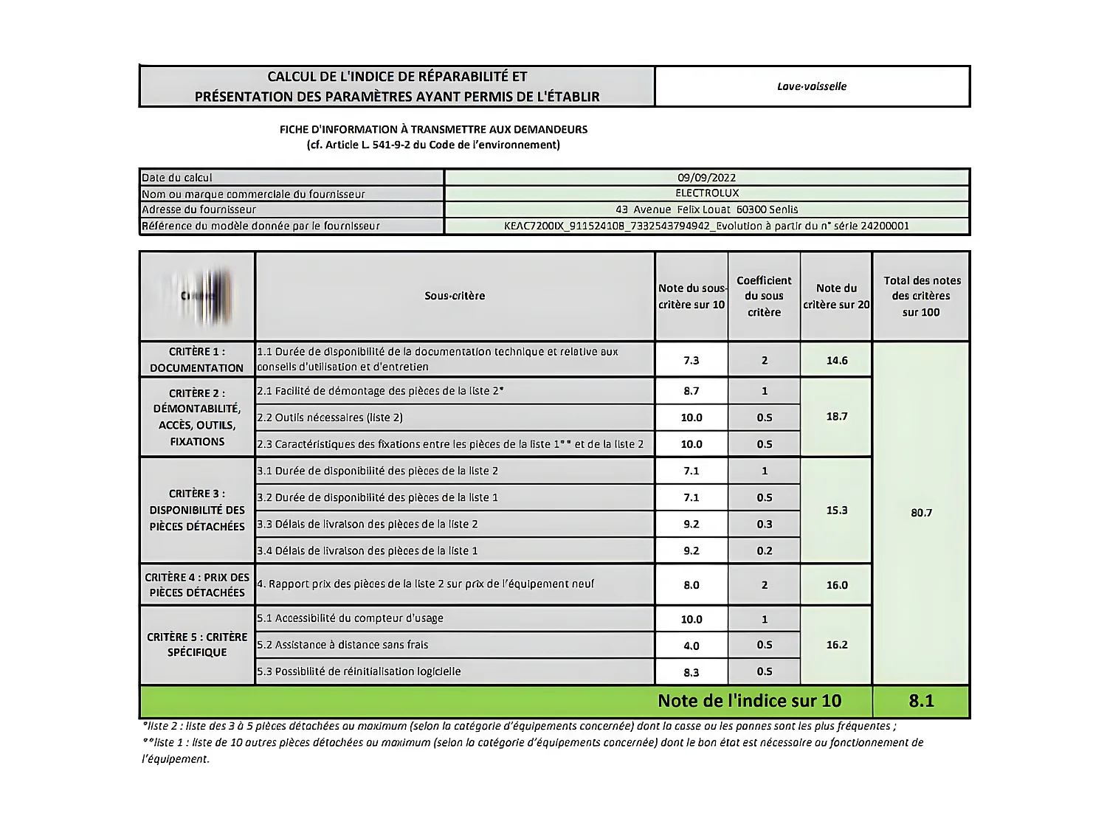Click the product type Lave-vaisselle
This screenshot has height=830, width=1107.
pos(812,86)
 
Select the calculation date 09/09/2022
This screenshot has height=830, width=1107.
pos(706,178)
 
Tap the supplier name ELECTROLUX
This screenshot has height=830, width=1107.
pos(706,193)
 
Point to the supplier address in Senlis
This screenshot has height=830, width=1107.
pos(706,210)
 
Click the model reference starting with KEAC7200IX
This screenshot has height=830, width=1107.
pos(706,226)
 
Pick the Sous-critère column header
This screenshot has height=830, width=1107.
pos(455,296)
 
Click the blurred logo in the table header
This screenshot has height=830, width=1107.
pos(198,297)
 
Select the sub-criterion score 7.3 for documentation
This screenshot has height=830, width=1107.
pos(691,360)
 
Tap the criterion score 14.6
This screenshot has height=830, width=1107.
pos(837,360)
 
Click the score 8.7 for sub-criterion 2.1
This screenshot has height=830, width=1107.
pos(691,391)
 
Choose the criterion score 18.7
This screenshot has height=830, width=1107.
pos(837,417)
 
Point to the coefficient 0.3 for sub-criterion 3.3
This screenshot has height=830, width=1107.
pos(765,524)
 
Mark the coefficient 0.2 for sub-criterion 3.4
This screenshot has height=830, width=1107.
pos(765,550)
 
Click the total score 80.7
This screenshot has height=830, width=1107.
pos(921,513)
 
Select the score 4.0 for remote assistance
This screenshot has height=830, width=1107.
pos(691,646)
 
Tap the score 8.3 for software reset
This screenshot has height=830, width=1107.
pos(691,672)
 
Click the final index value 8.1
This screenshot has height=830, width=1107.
pos(921,701)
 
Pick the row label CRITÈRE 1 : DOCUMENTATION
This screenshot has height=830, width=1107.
pos(197,359)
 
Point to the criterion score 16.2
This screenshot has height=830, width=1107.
pos(837,645)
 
